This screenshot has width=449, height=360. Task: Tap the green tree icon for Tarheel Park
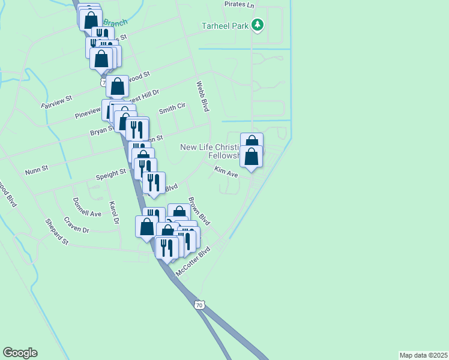coord(258,25)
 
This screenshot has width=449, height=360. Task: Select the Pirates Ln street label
coord(239,4)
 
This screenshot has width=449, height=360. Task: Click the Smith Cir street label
coord(172,109)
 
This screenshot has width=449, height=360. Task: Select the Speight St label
coord(110,175)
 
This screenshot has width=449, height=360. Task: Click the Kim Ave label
coord(227,172)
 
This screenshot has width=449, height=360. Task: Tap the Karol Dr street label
coord(113,213)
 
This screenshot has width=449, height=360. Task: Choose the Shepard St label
coord(58,232)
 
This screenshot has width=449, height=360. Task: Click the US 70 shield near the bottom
coord(199,305)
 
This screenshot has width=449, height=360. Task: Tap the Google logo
coord(20,353)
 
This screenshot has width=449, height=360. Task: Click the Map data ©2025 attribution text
coord(423,355)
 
